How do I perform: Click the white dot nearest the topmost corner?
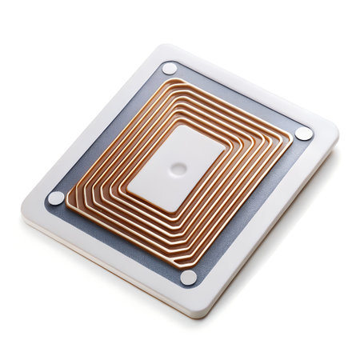pos(170,69)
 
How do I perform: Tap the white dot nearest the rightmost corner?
pos(304,134)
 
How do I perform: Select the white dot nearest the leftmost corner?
pos(56,198)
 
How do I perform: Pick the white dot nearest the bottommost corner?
pos(189,277)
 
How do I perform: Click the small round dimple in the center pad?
pos(179,169)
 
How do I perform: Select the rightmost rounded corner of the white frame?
pos(334,132)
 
